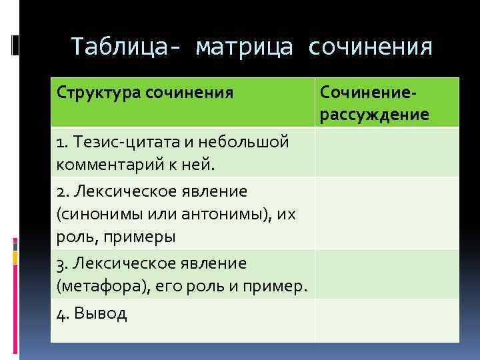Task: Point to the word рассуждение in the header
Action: [374, 115]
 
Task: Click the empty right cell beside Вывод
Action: [387, 320]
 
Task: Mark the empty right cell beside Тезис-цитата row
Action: [387, 152]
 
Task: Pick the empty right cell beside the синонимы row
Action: [387, 213]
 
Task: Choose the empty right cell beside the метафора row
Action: [387, 274]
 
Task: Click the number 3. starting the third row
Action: [63, 264]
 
